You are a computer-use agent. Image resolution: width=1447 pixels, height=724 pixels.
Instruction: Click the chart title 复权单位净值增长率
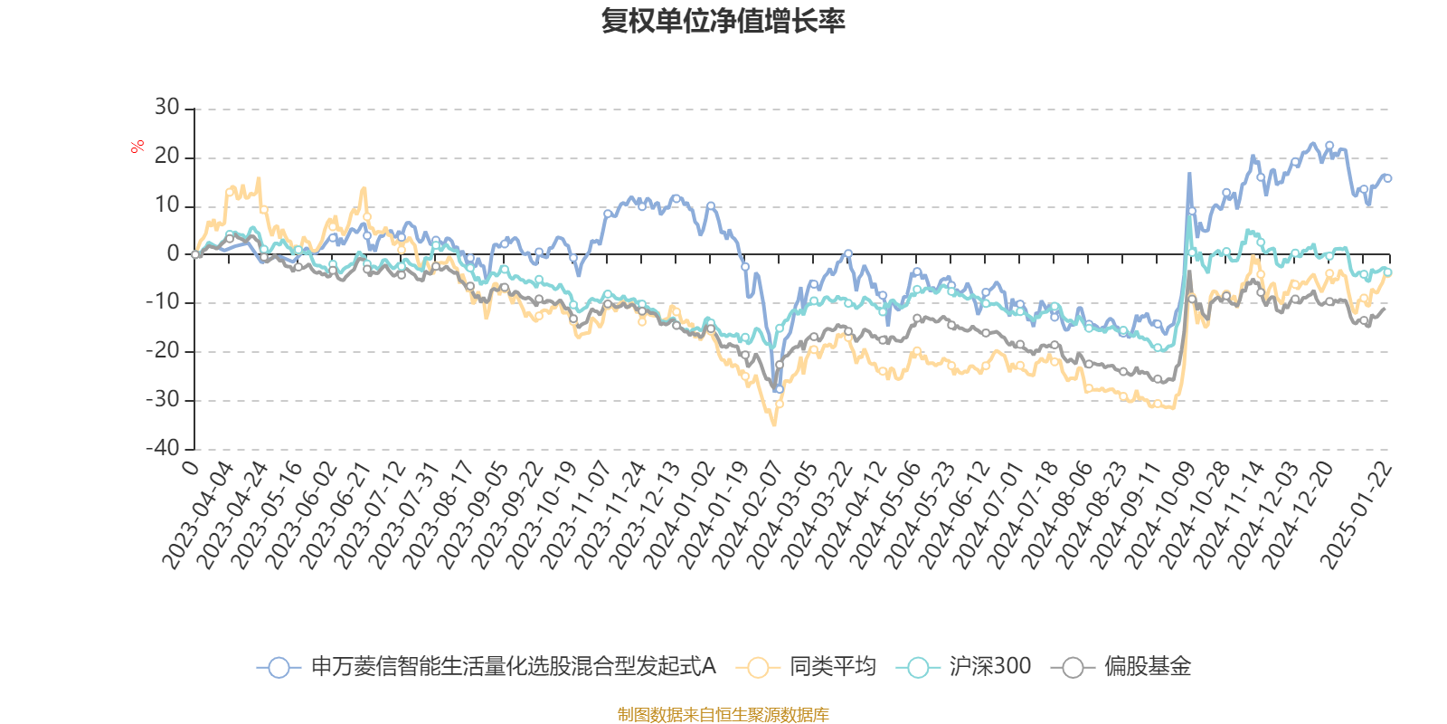[723, 21]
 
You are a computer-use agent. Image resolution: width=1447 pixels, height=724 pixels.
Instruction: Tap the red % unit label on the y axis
[137, 146]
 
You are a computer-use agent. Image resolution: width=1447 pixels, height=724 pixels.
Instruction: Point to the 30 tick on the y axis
[167, 108]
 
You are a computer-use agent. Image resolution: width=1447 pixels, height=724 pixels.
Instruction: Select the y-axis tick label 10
[167, 205]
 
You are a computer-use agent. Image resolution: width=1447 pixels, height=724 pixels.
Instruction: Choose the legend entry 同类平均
[832, 667]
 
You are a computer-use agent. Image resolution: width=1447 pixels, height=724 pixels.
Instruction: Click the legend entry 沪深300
[989, 667]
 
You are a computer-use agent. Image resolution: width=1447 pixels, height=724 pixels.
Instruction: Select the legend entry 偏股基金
[1147, 667]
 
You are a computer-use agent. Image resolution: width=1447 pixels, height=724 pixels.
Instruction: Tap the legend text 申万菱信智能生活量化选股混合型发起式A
[513, 667]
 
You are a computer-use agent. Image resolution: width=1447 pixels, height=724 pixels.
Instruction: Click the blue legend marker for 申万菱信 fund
[279, 668]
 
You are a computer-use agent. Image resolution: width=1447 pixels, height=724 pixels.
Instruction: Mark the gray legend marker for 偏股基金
[1073, 668]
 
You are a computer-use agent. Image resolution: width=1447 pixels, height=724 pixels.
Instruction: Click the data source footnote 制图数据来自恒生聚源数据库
[723, 715]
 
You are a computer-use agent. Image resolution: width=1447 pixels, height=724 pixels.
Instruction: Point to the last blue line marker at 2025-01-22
[1387, 178]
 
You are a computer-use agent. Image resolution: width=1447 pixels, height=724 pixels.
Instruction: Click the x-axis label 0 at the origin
[191, 467]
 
